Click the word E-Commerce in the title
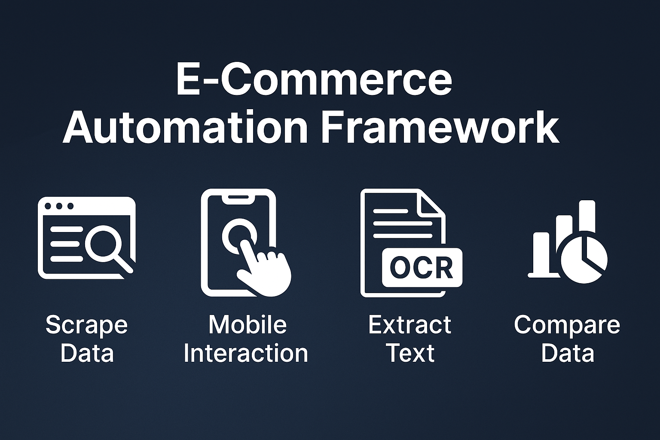coord(314,80)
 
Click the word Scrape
coord(86,325)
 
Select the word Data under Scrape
coord(86,353)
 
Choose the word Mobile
coord(247,324)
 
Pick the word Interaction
coord(246,353)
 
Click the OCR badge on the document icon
coord(422,267)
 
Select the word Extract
coord(409,324)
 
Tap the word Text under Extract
coord(410,353)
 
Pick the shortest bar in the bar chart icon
coord(541,254)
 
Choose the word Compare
coord(567,324)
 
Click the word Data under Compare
coord(567,353)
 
